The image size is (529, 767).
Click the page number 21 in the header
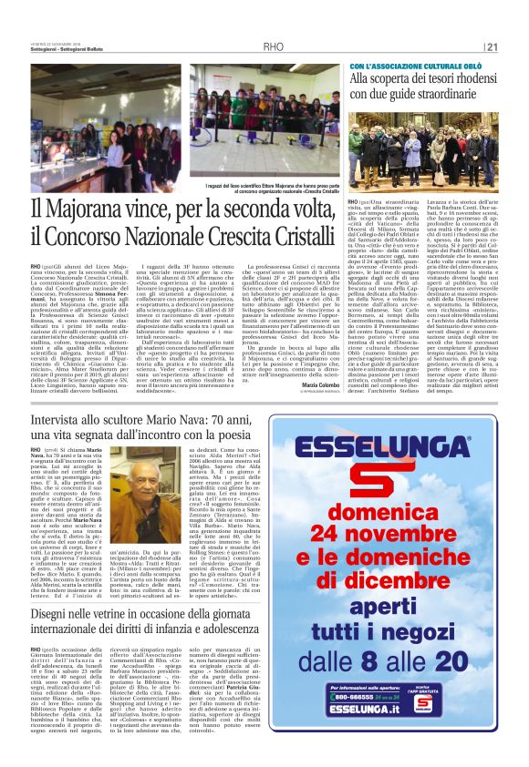492,47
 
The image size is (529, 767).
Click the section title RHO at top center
273,47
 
